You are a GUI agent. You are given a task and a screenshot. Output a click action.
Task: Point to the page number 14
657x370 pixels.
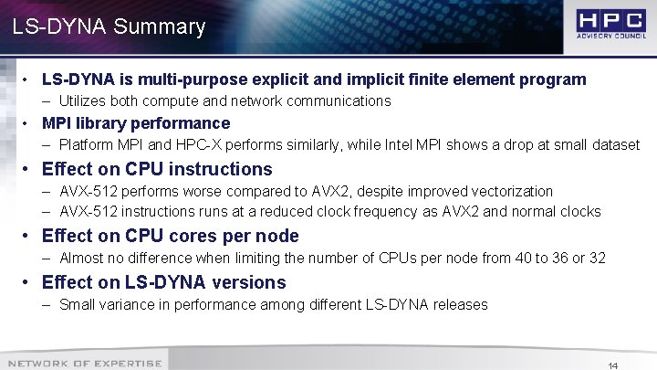[613, 365]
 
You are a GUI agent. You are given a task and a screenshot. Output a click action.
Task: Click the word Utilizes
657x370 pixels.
[84, 100]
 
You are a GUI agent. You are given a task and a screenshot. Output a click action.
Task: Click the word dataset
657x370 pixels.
[614, 144]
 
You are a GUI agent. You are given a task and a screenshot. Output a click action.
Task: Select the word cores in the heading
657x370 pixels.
[192, 236]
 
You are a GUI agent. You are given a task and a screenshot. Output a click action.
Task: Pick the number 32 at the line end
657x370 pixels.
[596, 258]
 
